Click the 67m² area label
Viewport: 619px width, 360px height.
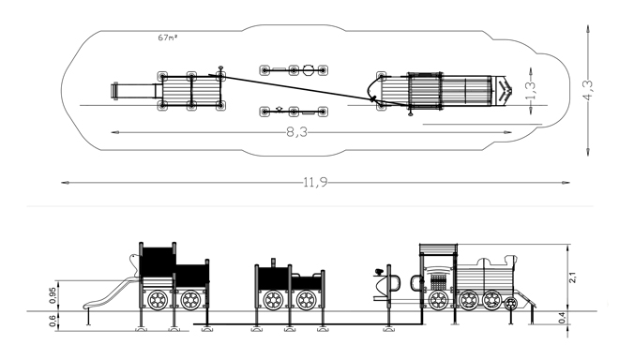[x=167, y=37]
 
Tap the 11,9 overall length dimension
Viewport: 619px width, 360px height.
[x=315, y=183]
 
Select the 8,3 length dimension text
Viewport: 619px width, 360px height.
[x=296, y=132]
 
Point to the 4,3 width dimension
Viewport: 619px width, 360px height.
[x=588, y=90]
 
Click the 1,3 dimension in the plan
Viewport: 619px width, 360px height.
[x=531, y=90]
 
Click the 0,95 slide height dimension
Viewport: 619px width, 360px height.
[x=53, y=295]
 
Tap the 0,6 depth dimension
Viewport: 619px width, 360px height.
[x=53, y=321]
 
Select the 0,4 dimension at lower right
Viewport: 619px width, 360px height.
[x=562, y=318]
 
